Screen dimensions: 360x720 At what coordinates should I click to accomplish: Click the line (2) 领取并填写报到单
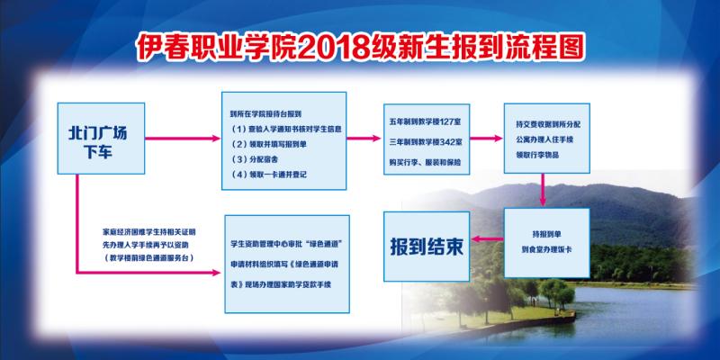tap(270, 144)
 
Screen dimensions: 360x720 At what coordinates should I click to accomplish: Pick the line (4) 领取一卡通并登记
tap(269, 175)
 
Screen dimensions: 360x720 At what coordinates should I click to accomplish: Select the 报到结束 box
tap(427, 244)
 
